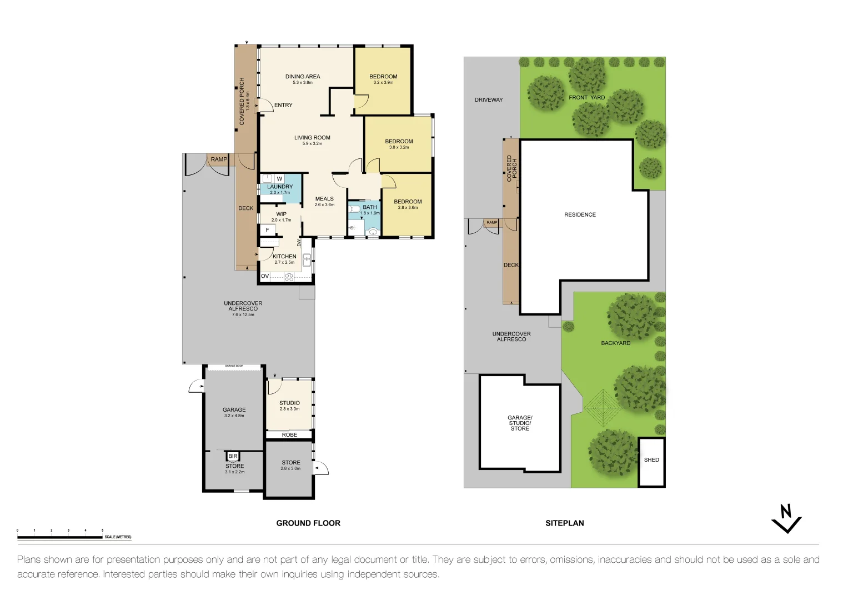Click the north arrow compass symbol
[786, 518]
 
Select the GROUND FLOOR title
[308, 523]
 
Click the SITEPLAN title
[564, 523]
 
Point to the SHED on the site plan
[651, 460]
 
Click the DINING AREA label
[303, 77]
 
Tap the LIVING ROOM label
[312, 138]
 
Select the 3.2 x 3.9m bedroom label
[383, 79]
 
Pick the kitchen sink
[307, 259]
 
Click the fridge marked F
[267, 230]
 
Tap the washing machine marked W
[279, 179]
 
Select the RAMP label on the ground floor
[219, 159]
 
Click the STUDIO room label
[289, 403]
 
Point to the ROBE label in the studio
[289, 435]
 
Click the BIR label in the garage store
[233, 456]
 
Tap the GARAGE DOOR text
[234, 366]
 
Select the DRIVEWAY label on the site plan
[489, 100]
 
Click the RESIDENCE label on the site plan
[580, 214]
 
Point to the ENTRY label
[283, 105]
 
